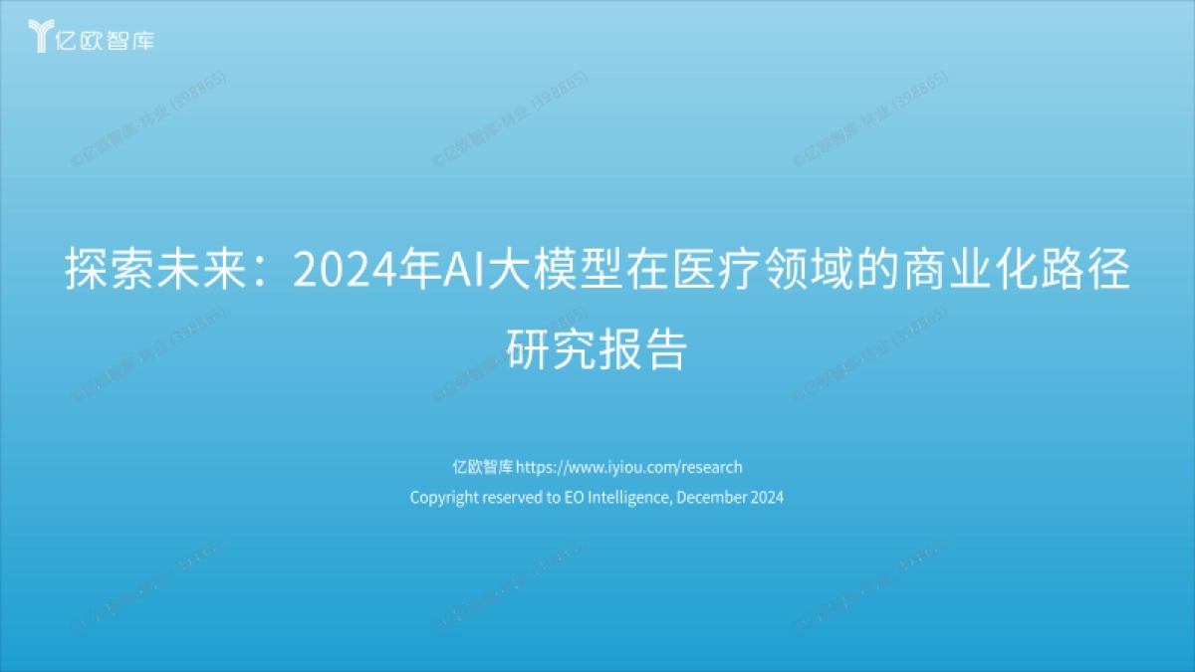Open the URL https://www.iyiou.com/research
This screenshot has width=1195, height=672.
tap(629, 467)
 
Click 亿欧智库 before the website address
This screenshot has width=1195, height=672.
tap(482, 467)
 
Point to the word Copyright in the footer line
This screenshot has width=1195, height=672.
tap(444, 497)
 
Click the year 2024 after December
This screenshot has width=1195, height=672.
tap(767, 497)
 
